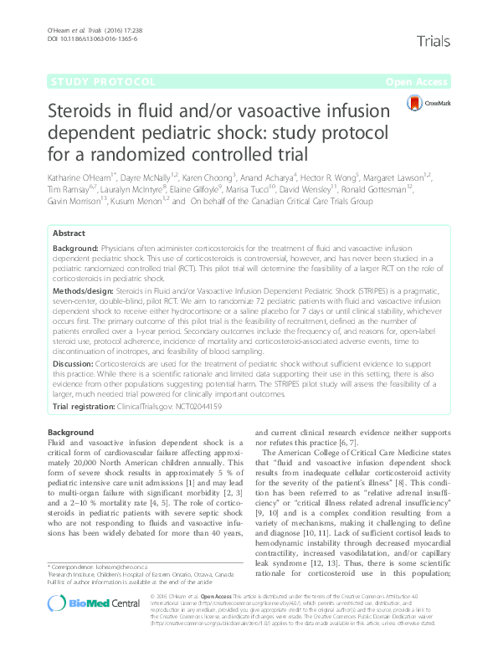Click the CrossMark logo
tap(429, 103)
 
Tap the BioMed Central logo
tap(92, 626)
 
